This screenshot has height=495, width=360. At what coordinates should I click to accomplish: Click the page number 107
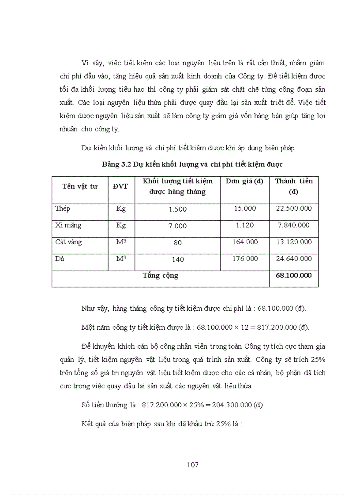point(193,465)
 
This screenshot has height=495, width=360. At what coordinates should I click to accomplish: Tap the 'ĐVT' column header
point(120,186)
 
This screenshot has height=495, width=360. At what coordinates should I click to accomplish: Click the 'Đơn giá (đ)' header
point(244,181)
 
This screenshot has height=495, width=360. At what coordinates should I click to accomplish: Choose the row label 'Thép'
point(63,208)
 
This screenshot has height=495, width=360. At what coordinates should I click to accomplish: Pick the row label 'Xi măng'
point(68,225)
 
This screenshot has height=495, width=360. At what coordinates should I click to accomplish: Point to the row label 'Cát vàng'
point(68,242)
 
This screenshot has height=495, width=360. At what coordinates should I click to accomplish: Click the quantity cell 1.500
point(178,209)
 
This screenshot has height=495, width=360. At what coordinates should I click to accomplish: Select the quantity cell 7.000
point(178,226)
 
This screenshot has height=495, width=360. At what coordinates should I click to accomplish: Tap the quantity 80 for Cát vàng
point(178,243)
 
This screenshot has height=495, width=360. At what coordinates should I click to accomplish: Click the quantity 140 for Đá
point(178,260)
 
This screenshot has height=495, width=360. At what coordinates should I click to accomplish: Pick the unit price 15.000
point(245,208)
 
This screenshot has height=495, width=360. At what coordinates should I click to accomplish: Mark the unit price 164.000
point(245,242)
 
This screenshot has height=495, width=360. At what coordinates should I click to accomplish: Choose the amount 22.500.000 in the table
point(294,208)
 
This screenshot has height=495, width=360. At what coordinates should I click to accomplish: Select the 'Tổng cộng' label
point(161,275)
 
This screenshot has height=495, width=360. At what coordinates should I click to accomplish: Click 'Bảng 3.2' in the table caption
point(116,164)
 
